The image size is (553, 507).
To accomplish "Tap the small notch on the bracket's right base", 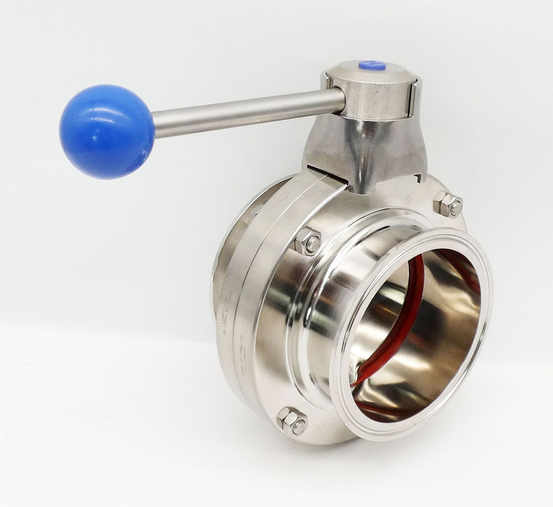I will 420,178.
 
